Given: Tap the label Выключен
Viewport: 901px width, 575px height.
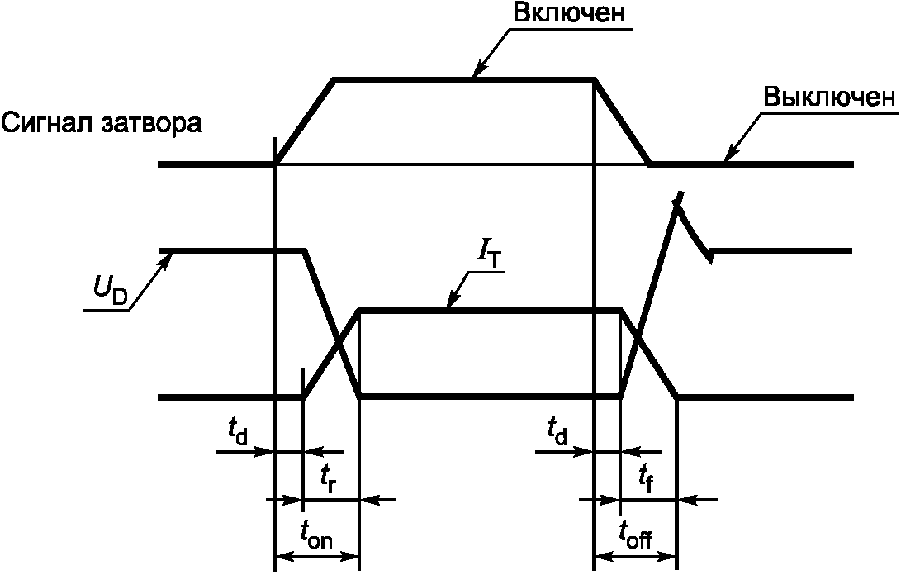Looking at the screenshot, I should (x=828, y=97).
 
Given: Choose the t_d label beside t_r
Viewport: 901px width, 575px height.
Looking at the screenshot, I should (x=237, y=430).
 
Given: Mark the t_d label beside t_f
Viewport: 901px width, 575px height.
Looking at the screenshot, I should (x=557, y=430).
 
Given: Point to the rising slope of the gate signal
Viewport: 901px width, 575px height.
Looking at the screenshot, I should (x=305, y=121).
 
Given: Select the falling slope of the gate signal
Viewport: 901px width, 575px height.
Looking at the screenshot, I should (x=623, y=121).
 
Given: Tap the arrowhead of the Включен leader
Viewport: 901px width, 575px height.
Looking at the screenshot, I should (x=477, y=75).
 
